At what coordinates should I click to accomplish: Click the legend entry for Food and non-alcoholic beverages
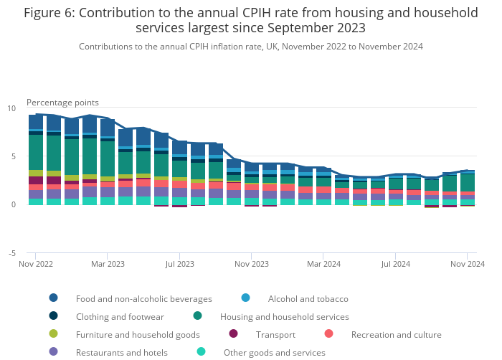[143, 298]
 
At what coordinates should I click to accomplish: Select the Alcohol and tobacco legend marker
[246, 298]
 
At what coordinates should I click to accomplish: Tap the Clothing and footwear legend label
[120, 316]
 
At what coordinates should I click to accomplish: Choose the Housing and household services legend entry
[285, 316]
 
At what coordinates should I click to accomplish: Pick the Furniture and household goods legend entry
[138, 334]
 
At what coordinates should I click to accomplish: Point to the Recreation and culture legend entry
[396, 334]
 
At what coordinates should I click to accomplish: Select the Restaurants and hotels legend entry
[121, 352]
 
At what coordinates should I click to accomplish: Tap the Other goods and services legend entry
[274, 352]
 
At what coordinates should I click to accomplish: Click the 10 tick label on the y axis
[11, 108]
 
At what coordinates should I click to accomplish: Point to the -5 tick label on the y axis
[11, 253]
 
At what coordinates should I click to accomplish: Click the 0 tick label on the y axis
[12, 204]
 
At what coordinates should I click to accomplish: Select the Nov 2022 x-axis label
[36, 264]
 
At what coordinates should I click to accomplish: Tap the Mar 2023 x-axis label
[108, 264]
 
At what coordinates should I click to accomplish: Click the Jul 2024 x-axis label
[395, 264]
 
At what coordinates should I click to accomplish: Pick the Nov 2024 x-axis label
[467, 264]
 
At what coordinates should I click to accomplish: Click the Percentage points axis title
[62, 103]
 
